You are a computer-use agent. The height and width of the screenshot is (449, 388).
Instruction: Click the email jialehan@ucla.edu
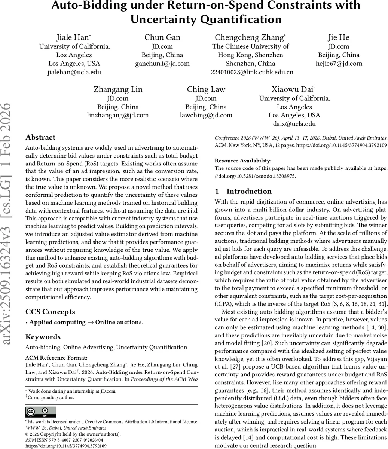pos(74,72)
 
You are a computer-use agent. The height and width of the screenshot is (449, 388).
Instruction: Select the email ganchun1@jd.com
pos(162,64)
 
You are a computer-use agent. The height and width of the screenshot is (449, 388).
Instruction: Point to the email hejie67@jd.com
pos(339,64)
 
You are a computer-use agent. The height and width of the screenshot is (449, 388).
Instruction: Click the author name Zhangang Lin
pos(118,89)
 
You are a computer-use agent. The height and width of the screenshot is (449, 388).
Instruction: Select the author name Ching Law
pos(206,89)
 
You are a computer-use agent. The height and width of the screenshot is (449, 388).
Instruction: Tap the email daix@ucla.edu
pos(294,124)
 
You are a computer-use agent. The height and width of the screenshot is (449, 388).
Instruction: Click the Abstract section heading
pos(40,137)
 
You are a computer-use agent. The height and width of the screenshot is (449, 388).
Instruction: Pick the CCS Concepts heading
pos(50,312)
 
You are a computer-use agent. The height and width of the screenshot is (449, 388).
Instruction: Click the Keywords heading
pos(43,337)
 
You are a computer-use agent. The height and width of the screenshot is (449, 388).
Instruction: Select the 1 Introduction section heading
pos(243,192)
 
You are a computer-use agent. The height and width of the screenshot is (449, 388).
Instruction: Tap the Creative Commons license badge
pos(40,412)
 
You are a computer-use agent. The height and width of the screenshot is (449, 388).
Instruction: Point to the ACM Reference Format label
pos(56,358)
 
